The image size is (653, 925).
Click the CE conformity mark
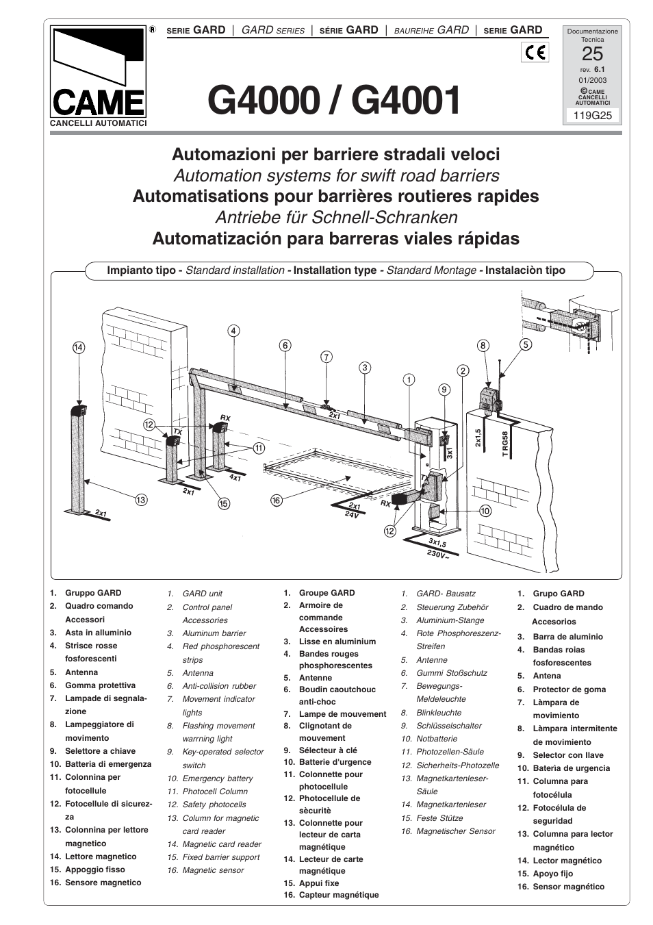(x=534, y=52)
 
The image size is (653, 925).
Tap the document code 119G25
(x=592, y=115)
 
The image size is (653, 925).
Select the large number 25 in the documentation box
(x=592, y=53)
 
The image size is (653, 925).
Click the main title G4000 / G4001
(x=335, y=101)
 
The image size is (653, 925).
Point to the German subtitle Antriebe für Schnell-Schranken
(x=336, y=217)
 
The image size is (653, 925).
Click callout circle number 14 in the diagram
(x=78, y=348)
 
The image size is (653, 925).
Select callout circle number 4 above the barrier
(x=233, y=331)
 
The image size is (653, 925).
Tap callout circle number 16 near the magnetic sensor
(x=277, y=500)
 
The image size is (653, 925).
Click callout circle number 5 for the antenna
(x=526, y=345)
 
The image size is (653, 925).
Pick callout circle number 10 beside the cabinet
(x=485, y=511)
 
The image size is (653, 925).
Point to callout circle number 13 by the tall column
(x=141, y=500)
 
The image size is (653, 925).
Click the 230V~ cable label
(x=439, y=554)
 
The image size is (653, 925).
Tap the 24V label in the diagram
(x=352, y=515)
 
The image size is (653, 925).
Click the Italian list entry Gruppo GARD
(x=93, y=593)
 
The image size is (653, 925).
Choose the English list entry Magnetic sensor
(x=213, y=870)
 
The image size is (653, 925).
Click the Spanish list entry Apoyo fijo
(x=553, y=874)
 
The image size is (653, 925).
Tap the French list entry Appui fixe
(x=319, y=883)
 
